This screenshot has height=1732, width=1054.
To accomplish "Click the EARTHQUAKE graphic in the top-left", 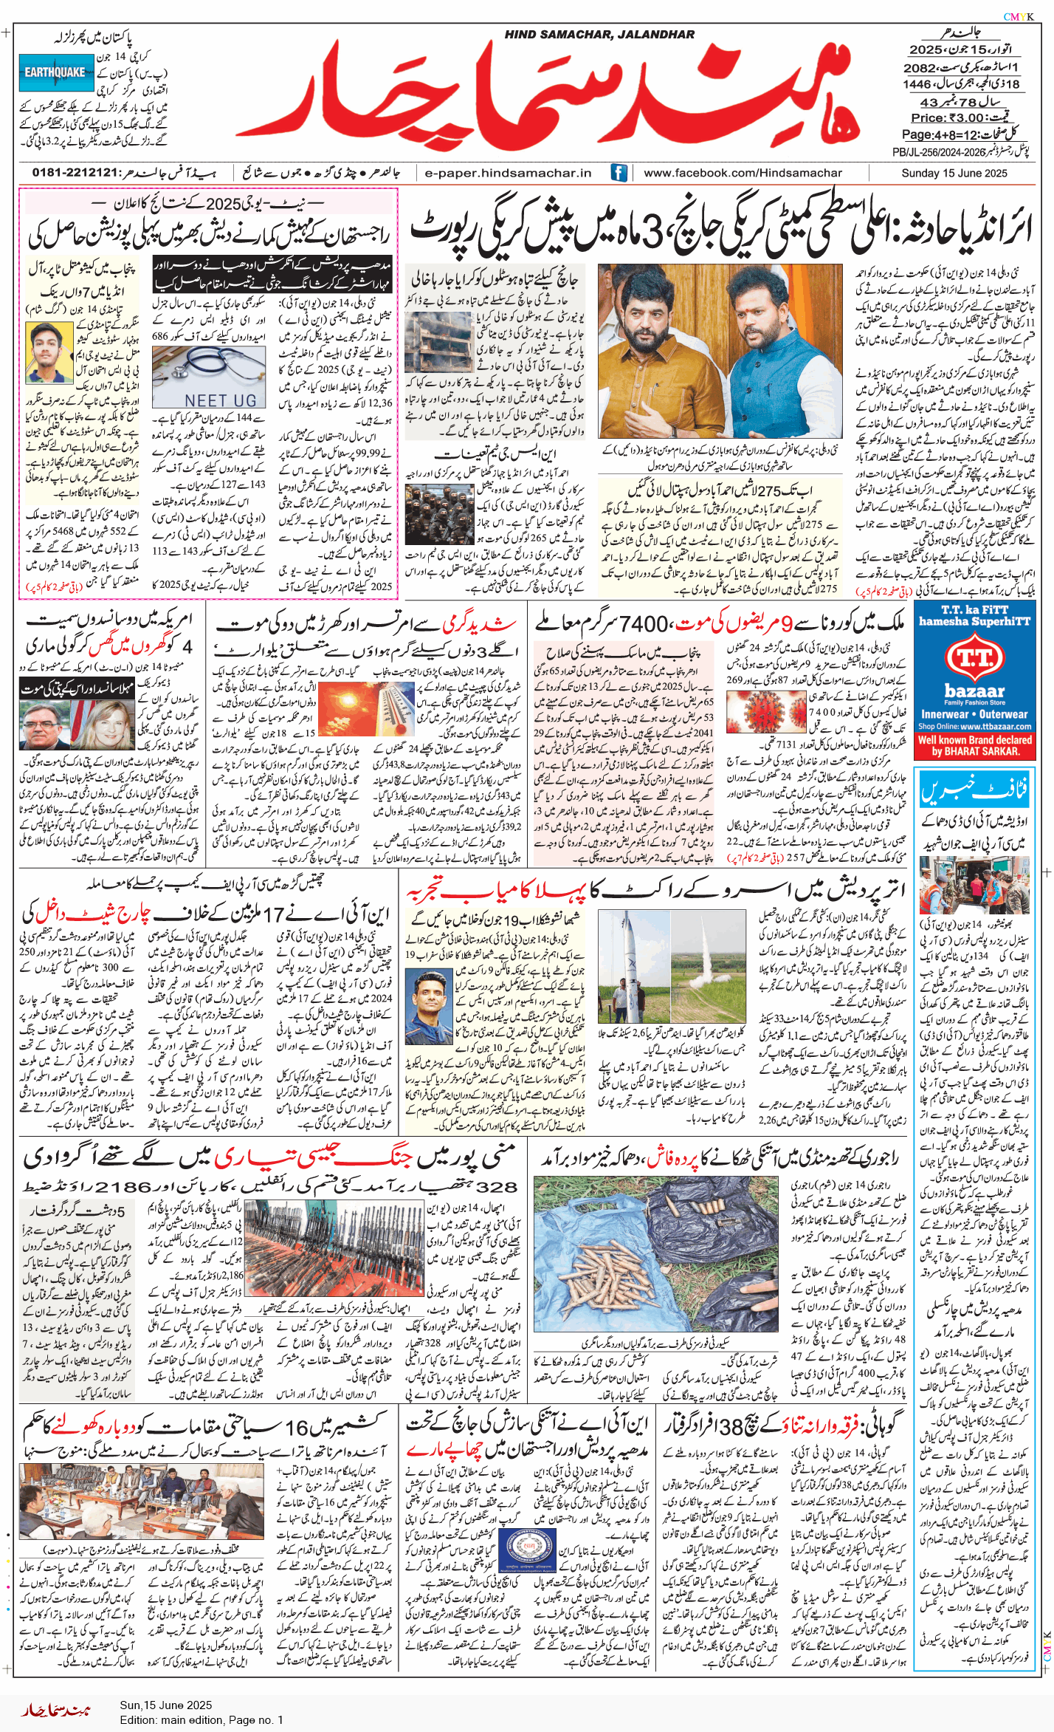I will click(x=55, y=72).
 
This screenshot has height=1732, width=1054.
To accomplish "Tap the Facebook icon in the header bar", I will click(x=619, y=173).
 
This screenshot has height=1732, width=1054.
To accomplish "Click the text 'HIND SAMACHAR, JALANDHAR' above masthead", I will click(x=599, y=34).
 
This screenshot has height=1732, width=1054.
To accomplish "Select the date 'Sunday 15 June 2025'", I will click(x=954, y=173).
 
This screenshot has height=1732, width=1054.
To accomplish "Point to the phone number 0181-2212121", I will click(x=75, y=173).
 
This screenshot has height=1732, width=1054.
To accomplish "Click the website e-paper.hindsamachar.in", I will click(x=508, y=173).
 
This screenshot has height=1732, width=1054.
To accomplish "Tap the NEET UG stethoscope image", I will click(x=209, y=376).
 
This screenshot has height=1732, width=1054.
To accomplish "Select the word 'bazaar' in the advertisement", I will click(x=974, y=691).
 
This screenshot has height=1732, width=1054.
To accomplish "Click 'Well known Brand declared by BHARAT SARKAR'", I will click(x=974, y=745).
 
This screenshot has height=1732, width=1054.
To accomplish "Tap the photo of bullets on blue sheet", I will click(x=655, y=1256).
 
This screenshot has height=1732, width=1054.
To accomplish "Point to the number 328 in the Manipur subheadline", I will click(x=496, y=1187).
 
